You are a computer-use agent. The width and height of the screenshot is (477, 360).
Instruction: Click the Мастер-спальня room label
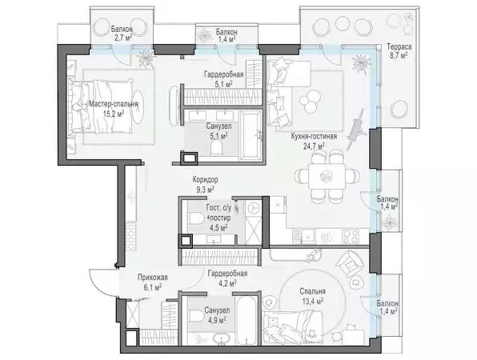[x=114, y=104]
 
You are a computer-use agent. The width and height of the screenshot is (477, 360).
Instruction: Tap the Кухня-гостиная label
[x=314, y=137]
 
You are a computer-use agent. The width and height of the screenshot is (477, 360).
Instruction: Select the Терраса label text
[x=399, y=47]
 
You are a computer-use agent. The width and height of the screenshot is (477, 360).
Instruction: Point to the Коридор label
[x=205, y=180]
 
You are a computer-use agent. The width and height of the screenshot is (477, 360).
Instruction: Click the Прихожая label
[x=152, y=278]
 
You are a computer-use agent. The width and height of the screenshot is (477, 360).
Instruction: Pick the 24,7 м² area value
[x=314, y=146]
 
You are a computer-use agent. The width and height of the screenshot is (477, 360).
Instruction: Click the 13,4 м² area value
[x=312, y=301]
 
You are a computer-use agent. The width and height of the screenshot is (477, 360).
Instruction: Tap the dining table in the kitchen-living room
[x=327, y=176]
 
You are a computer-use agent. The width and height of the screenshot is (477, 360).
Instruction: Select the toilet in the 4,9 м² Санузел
[x=196, y=316]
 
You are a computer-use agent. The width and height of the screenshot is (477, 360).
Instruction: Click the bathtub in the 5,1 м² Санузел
[x=251, y=135]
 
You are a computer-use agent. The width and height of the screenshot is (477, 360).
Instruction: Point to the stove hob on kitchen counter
[x=351, y=237]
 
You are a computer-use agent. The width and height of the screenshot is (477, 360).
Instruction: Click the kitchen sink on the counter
[x=307, y=236]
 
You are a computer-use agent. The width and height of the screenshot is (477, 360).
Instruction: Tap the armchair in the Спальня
[x=350, y=264]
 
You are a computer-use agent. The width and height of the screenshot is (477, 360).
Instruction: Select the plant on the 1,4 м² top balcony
[x=205, y=35]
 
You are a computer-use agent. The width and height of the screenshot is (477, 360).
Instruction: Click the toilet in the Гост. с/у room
[x=196, y=218]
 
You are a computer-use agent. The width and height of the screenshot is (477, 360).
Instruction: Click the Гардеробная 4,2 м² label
[x=227, y=278]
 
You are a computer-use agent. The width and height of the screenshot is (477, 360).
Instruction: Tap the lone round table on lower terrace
[x=399, y=110]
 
